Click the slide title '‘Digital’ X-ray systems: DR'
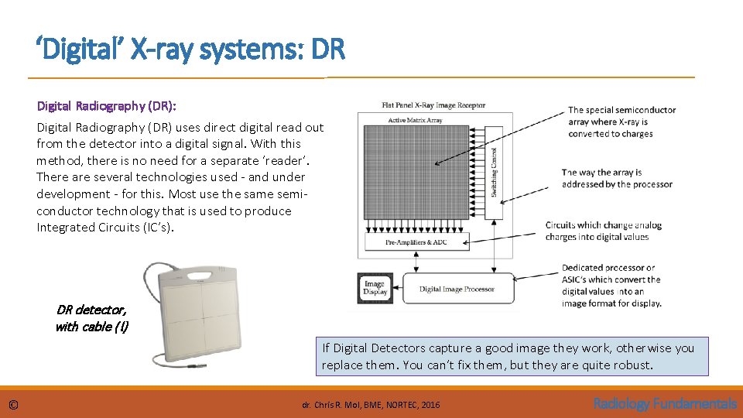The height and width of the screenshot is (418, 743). (x=190, y=51)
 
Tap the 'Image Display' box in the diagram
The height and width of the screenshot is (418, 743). (x=375, y=288)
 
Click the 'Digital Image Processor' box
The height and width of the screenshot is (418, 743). (x=457, y=289)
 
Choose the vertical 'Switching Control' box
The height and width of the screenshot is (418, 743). (x=494, y=170)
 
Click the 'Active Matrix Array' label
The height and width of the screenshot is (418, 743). (x=414, y=120)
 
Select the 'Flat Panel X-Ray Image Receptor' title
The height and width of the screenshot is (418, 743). (x=433, y=105)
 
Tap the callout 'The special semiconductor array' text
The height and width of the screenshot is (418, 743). (x=621, y=122)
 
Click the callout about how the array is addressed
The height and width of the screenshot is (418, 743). (x=617, y=178)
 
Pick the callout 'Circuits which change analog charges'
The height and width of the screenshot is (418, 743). (x=604, y=231)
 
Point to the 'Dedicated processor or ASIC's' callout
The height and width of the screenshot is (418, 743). (x=611, y=286)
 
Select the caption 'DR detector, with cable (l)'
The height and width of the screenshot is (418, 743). (x=92, y=318)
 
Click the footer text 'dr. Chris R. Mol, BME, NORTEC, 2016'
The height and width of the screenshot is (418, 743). (x=371, y=404)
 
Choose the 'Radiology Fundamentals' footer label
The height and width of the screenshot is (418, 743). (x=665, y=403)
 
